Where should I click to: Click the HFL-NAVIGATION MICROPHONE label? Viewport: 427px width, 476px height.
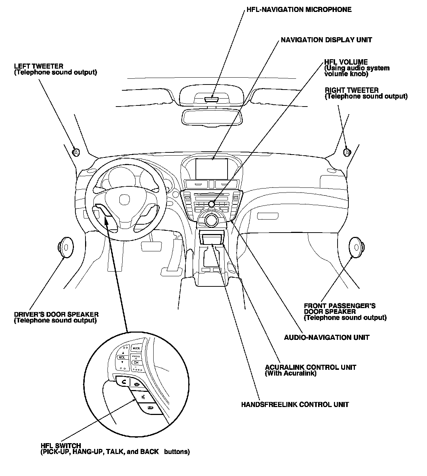[x=299, y=10]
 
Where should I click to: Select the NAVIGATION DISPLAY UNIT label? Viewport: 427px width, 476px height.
[x=326, y=40]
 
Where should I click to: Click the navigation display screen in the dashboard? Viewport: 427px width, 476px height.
[x=212, y=169]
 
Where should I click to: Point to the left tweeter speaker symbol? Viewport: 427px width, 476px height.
[x=76, y=152]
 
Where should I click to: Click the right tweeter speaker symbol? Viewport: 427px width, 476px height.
[x=347, y=152]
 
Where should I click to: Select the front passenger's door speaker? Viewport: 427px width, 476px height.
[x=356, y=247]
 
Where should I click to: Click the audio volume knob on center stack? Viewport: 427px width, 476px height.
[x=211, y=204]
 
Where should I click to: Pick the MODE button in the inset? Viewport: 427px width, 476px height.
[x=136, y=348]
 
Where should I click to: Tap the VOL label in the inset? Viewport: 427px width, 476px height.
[x=121, y=357]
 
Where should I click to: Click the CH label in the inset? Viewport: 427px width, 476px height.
[x=136, y=362]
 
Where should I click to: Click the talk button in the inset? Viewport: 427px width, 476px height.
[x=144, y=397]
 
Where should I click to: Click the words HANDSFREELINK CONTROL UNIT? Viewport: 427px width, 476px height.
[x=295, y=404]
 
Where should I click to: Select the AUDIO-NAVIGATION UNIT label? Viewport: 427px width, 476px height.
[x=326, y=338]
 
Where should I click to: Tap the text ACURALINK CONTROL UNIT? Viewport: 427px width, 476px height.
[x=311, y=367]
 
